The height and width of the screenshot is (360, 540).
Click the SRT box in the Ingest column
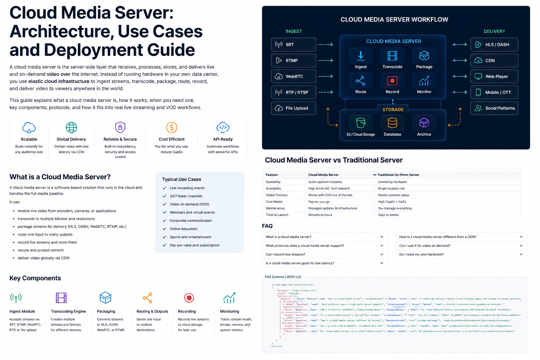[x=293, y=45]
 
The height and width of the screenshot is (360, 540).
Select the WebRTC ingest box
[x=293, y=76]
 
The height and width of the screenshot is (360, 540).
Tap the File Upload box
[x=293, y=108]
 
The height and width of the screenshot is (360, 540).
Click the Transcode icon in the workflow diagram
[x=392, y=56]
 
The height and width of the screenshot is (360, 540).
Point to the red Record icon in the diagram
[x=392, y=81]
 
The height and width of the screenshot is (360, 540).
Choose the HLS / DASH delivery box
[x=494, y=45]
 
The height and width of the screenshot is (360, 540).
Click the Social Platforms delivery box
[x=494, y=108]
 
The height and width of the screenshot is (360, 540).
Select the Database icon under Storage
[x=392, y=123]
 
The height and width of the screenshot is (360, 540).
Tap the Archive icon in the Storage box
[x=424, y=123]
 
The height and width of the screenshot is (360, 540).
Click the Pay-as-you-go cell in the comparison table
[x=319, y=202]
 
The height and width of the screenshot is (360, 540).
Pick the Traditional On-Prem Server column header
[x=398, y=175]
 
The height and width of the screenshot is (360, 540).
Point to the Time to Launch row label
[x=277, y=215]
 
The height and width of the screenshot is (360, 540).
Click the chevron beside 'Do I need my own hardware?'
[x=521, y=254]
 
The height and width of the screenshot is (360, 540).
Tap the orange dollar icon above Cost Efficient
[x=172, y=127]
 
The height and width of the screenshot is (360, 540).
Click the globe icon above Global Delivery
[x=71, y=127]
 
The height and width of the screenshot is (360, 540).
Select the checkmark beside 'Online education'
[x=164, y=229]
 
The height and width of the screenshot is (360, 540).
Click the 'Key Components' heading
[x=35, y=278]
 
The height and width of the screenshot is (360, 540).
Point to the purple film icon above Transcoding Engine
[x=61, y=298]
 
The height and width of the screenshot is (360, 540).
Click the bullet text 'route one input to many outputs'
[x=45, y=234]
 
